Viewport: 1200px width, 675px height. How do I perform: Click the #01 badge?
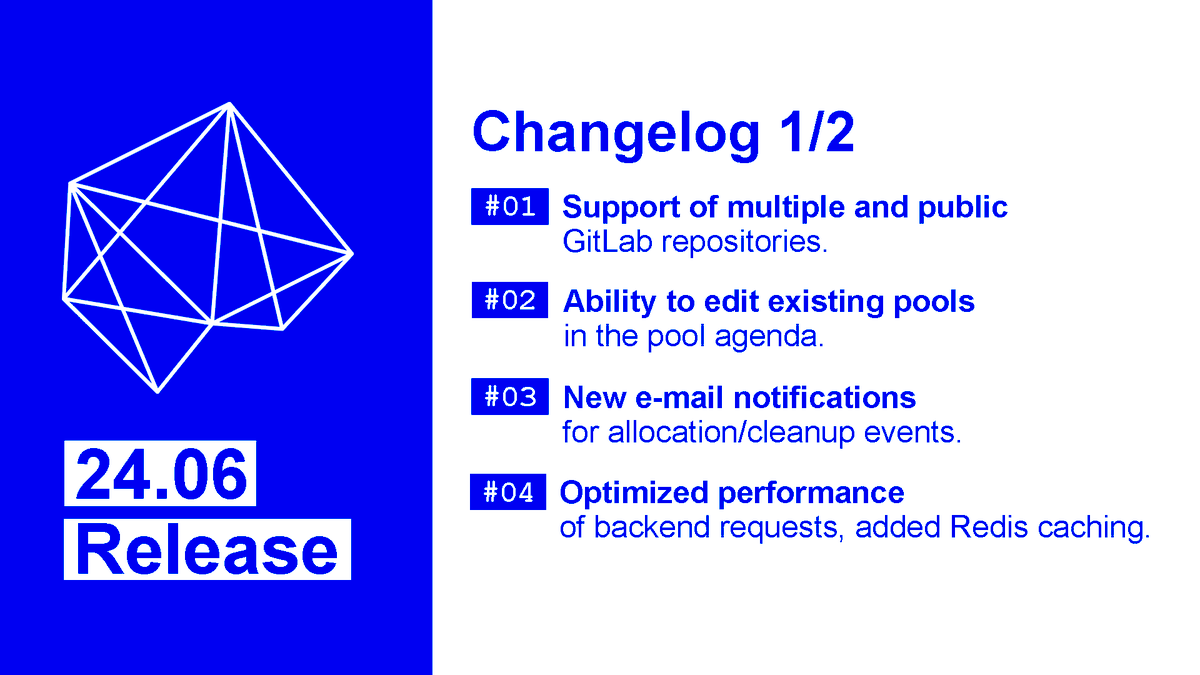pos(510,207)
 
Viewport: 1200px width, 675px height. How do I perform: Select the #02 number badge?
pos(510,301)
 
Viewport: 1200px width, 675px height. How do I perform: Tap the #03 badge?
pos(510,397)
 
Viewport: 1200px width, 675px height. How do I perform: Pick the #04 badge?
pos(509,493)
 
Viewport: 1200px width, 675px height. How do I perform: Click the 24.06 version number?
pos(161,474)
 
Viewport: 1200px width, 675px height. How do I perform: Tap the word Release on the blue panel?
pos(207,550)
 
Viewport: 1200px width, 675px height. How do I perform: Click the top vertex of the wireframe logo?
pos(231,103)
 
